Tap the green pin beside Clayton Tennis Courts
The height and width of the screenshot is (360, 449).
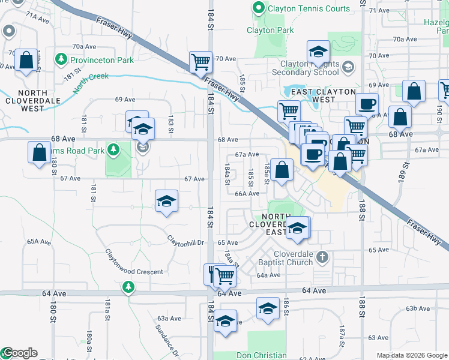point(259,9)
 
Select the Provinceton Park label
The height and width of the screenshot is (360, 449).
point(101,60)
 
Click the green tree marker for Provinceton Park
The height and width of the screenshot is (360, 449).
point(60,59)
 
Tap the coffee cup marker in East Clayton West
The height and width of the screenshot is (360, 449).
point(366,103)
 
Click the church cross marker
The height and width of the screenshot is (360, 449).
point(322,257)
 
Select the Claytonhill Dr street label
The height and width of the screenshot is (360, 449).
point(186,242)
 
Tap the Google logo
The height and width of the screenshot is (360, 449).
point(19,353)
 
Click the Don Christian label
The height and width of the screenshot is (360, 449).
point(261,355)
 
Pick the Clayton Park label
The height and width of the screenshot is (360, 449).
point(270,30)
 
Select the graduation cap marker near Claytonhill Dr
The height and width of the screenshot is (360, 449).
point(166,200)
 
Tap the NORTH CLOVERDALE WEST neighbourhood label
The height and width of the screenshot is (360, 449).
point(31,100)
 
